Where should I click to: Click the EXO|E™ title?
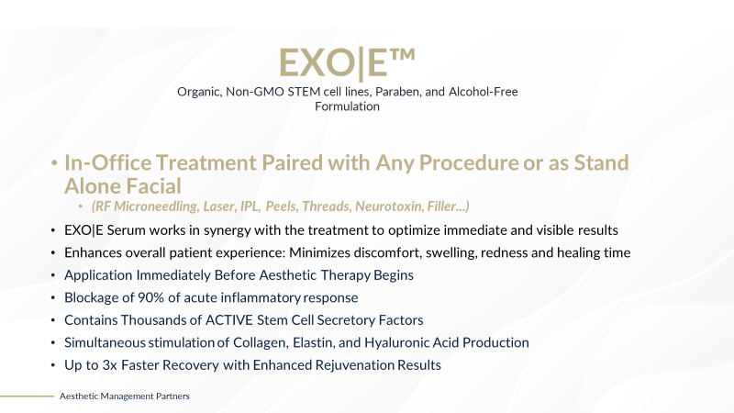pyautogui.click(x=347, y=63)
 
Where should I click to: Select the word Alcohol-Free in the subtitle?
pyautogui.click(x=484, y=91)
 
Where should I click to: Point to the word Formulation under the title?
pyautogui.click(x=347, y=106)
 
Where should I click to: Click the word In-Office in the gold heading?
pyautogui.click(x=108, y=162)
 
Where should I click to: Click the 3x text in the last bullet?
pyautogui.click(x=109, y=365)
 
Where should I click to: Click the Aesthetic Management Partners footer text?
pyautogui.click(x=125, y=396)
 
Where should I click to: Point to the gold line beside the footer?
pyautogui.click(x=28, y=396)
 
